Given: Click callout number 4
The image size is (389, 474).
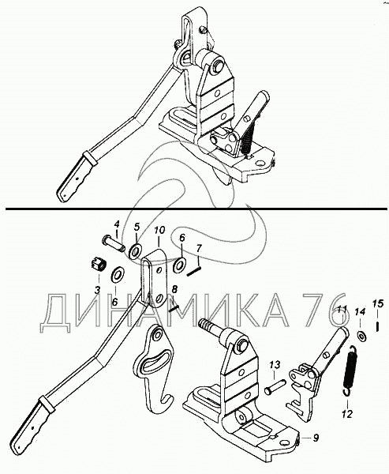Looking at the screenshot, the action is click(x=117, y=225).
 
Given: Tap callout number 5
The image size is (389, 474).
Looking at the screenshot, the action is click(x=137, y=227).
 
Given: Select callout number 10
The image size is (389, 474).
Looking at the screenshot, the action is click(x=159, y=230).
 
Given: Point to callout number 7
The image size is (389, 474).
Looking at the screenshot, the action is click(x=198, y=249).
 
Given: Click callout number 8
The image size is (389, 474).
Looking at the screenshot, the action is click(x=174, y=290).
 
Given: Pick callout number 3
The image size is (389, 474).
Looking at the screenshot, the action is click(x=97, y=290).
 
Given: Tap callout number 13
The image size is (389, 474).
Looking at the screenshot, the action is click(x=275, y=365).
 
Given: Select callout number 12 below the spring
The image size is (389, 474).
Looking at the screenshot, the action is click(x=348, y=414).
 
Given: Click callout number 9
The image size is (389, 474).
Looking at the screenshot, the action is click(x=316, y=438).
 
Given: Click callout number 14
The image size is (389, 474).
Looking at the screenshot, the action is click(x=360, y=311).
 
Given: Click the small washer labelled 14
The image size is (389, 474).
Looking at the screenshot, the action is click(x=361, y=336).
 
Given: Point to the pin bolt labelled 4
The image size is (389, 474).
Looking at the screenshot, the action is click(x=114, y=243).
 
